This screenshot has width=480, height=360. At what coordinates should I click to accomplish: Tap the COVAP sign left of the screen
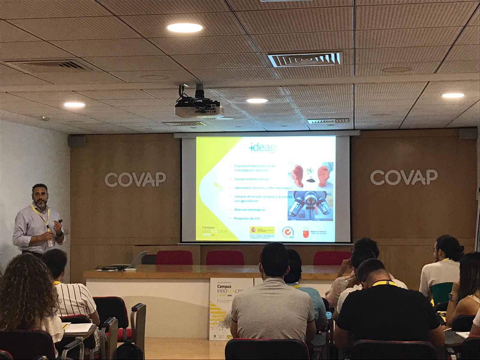(x=135, y=179)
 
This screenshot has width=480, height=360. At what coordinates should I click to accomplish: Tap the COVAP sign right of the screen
(x=403, y=177)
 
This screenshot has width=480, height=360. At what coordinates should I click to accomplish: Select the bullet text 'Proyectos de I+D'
(x=247, y=218)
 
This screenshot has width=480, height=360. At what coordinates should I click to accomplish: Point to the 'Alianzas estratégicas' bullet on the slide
(x=250, y=210)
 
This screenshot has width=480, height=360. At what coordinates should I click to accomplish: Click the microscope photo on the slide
(x=310, y=206)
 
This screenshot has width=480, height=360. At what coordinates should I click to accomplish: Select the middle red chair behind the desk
(x=225, y=258)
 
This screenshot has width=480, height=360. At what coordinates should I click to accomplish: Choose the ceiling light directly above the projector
(x=184, y=28)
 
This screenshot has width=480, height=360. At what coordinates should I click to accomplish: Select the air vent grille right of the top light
(x=304, y=59)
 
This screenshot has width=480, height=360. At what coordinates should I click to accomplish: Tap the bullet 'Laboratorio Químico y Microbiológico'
(x=263, y=188)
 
